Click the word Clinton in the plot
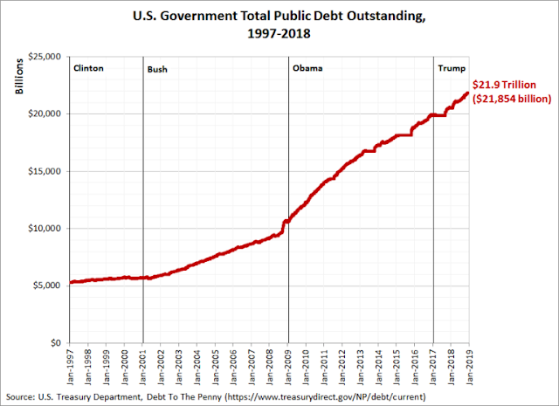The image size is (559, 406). click(91, 68)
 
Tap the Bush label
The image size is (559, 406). click(158, 68)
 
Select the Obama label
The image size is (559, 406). click(307, 68)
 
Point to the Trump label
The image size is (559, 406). click(451, 68)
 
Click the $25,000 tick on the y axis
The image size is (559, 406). click(45, 57)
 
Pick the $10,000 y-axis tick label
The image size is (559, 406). click(45, 229)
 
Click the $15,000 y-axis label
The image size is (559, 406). click(45, 171)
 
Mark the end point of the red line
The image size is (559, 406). click(468, 93)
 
